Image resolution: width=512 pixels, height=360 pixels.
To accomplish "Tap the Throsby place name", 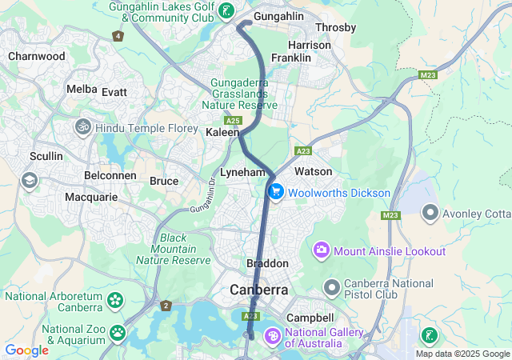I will [x=336, y=27].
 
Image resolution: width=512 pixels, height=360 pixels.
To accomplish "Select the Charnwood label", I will [x=36, y=57].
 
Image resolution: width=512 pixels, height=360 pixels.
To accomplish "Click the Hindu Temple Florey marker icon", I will [x=82, y=127].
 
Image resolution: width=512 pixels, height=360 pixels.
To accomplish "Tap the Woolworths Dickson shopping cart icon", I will [x=275, y=192].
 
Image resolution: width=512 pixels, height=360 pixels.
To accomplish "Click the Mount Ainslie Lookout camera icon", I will [x=322, y=251].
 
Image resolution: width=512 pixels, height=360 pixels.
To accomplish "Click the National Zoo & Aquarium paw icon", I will [x=118, y=331].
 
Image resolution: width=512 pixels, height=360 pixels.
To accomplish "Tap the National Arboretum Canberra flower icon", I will [x=116, y=301].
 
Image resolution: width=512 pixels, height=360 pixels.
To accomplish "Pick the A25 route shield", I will [x=233, y=120].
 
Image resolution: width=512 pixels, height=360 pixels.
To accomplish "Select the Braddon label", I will [x=266, y=263].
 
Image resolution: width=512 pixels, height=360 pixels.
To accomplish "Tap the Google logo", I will [x=26, y=350].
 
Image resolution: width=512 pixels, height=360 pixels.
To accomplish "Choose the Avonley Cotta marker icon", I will [x=430, y=213].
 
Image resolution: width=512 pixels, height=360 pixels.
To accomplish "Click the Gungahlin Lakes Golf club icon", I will [x=228, y=11].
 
